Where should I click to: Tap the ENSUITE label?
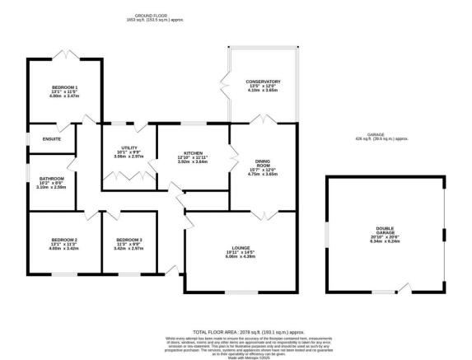click(x=40, y=138)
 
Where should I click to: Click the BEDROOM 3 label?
click(x=129, y=239)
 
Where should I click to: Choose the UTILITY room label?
click(x=128, y=147)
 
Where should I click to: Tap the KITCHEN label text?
click(x=192, y=152)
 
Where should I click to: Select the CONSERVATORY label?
click(x=263, y=82)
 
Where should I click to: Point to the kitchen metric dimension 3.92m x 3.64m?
click(x=192, y=162)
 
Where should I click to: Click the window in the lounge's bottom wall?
click(x=241, y=292)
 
